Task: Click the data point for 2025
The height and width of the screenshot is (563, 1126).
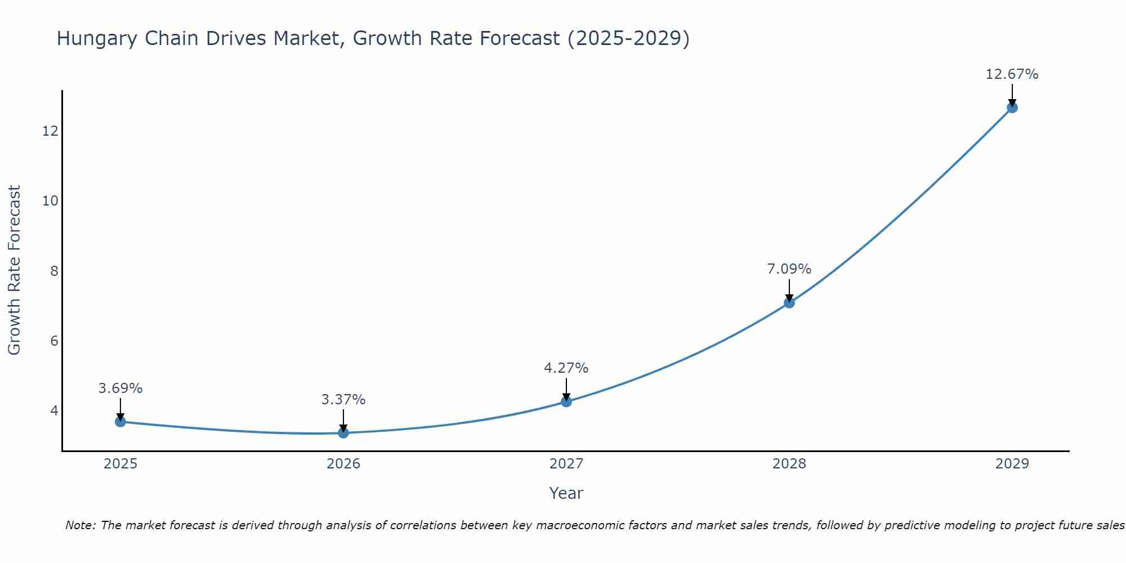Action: point(120,422)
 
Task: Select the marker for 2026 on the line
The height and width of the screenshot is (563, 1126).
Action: point(343,433)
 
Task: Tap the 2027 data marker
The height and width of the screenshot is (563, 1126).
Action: point(566,401)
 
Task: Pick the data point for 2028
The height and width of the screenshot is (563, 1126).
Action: point(789,303)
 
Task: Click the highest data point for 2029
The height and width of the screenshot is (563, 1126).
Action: point(1012,108)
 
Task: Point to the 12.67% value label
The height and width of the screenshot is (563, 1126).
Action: point(1012,74)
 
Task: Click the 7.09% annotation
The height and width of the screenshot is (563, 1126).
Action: point(789,269)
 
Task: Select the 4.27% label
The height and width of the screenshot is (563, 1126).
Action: point(566,368)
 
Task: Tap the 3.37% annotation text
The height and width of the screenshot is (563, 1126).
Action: point(343,400)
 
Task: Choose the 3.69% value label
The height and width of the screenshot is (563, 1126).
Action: point(120,388)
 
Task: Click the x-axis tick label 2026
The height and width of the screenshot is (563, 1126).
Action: point(343,464)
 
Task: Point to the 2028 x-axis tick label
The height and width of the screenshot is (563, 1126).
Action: point(789,464)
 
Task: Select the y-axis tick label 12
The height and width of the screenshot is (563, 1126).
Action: point(50,131)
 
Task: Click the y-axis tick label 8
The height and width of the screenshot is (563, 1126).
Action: point(54,271)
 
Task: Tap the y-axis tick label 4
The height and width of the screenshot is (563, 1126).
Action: point(54,411)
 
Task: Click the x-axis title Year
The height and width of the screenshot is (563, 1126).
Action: point(566,493)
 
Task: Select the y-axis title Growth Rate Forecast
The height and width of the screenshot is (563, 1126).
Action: point(14,270)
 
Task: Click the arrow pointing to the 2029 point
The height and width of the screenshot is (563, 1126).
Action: point(1012,95)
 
